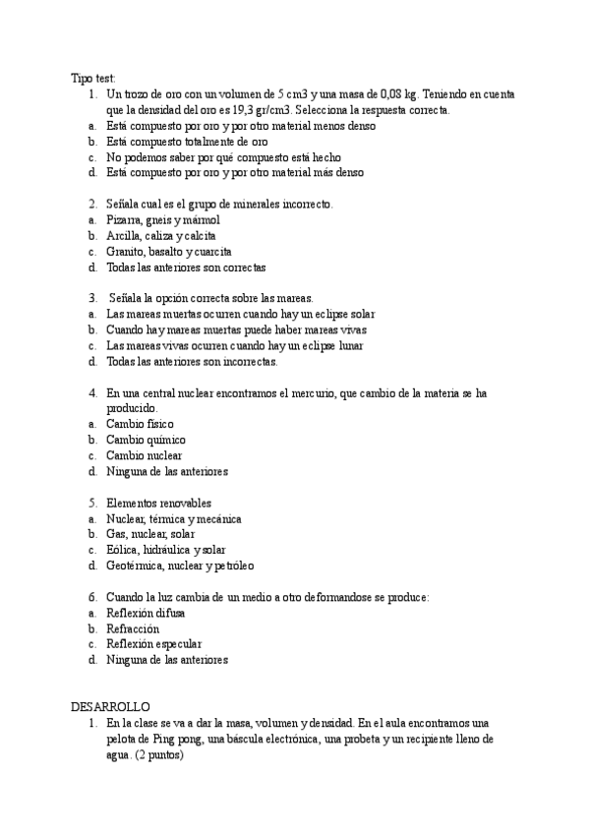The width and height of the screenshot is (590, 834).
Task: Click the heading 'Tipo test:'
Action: coord(94,78)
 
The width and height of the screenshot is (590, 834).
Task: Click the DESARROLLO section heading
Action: coord(110,706)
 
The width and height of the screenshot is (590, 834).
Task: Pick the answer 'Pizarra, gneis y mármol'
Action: coord(163,220)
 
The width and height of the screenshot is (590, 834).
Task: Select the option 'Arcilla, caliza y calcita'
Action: coord(161,236)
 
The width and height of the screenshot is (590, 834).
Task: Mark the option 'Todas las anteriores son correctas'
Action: coord(186,268)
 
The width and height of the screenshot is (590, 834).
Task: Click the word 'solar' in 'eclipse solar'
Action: coord(361,315)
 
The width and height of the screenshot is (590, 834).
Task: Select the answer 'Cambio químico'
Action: coord(146,440)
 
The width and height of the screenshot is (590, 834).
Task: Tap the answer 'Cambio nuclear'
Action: coord(145,455)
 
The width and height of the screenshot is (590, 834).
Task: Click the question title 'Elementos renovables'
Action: coord(161,503)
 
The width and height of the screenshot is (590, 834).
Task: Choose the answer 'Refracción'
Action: coord(133,628)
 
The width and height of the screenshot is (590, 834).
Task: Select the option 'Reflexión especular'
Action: coord(153,644)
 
